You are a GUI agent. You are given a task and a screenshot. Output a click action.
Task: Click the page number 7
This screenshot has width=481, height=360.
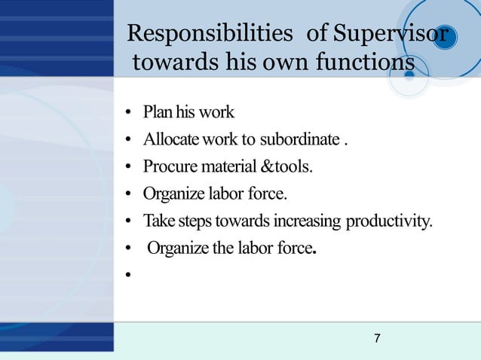(x=377, y=338)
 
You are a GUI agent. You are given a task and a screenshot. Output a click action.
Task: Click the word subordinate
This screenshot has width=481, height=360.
(x=296, y=140)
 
